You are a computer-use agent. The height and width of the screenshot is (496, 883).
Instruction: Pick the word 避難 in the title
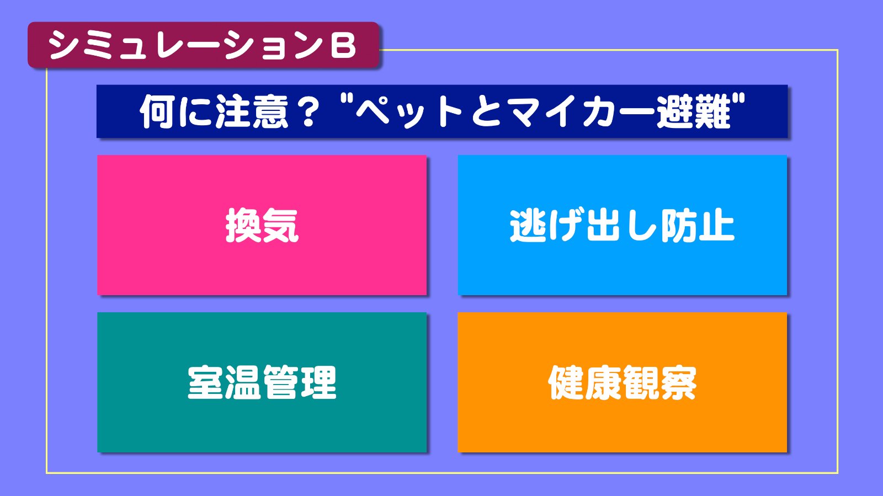(x=693, y=112)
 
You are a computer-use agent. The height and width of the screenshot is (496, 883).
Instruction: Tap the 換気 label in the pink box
(x=262, y=225)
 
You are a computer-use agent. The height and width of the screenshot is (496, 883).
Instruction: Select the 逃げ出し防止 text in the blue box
(x=622, y=225)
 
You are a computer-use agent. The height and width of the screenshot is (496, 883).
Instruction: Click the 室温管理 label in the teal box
(x=262, y=382)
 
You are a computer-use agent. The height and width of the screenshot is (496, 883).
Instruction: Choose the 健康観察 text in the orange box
(x=622, y=382)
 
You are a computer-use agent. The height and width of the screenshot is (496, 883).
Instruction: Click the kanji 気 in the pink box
(x=281, y=225)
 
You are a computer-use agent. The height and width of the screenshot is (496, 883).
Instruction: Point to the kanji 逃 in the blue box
(x=528, y=225)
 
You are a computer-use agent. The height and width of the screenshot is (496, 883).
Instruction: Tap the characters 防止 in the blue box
(x=698, y=225)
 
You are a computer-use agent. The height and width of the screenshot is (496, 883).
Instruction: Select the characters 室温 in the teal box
(x=224, y=382)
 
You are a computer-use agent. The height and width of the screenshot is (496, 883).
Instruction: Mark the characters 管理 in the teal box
(x=300, y=382)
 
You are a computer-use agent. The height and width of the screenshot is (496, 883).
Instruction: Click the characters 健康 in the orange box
(x=585, y=382)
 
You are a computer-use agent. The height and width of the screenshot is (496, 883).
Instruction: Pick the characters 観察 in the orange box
(x=659, y=382)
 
